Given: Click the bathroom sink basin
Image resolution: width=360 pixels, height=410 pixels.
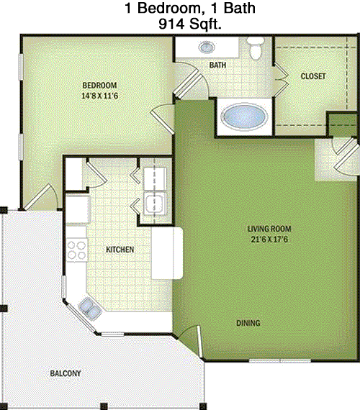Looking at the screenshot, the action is [x=207, y=47].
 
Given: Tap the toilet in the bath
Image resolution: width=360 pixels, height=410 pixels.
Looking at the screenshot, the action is [x=256, y=48].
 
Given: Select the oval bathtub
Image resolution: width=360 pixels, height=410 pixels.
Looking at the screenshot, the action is [x=244, y=117].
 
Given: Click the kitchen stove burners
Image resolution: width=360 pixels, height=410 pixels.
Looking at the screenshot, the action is [x=76, y=250].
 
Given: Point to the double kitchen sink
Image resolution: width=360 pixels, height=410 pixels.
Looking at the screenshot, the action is [x=90, y=309].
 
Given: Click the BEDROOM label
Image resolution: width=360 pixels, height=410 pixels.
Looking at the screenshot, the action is [x=99, y=86].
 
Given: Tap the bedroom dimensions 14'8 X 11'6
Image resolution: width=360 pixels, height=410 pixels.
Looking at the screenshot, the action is [x=100, y=96].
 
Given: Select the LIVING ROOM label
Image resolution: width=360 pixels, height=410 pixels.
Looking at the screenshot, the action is [x=269, y=229].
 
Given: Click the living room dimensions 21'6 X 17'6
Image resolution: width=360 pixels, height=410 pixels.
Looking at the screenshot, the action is [x=269, y=240].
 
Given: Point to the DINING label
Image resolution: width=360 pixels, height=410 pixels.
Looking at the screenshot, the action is [x=248, y=323].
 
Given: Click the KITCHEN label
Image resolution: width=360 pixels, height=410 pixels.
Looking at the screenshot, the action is [x=120, y=250].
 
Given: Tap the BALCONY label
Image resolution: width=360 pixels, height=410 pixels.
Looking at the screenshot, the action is [x=66, y=373].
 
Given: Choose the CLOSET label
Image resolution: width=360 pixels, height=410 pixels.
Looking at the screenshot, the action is [x=313, y=76].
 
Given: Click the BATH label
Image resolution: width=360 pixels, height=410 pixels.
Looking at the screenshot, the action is [x=217, y=65].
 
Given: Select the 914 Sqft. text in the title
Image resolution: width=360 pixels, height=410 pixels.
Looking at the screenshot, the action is [x=190, y=24].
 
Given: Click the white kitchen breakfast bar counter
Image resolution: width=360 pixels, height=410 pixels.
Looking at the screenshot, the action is [x=167, y=253].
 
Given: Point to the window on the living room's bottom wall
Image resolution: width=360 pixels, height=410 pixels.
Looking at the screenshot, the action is [x=279, y=361].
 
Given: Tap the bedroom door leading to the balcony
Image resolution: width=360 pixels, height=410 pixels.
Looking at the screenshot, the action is [x=40, y=197].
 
